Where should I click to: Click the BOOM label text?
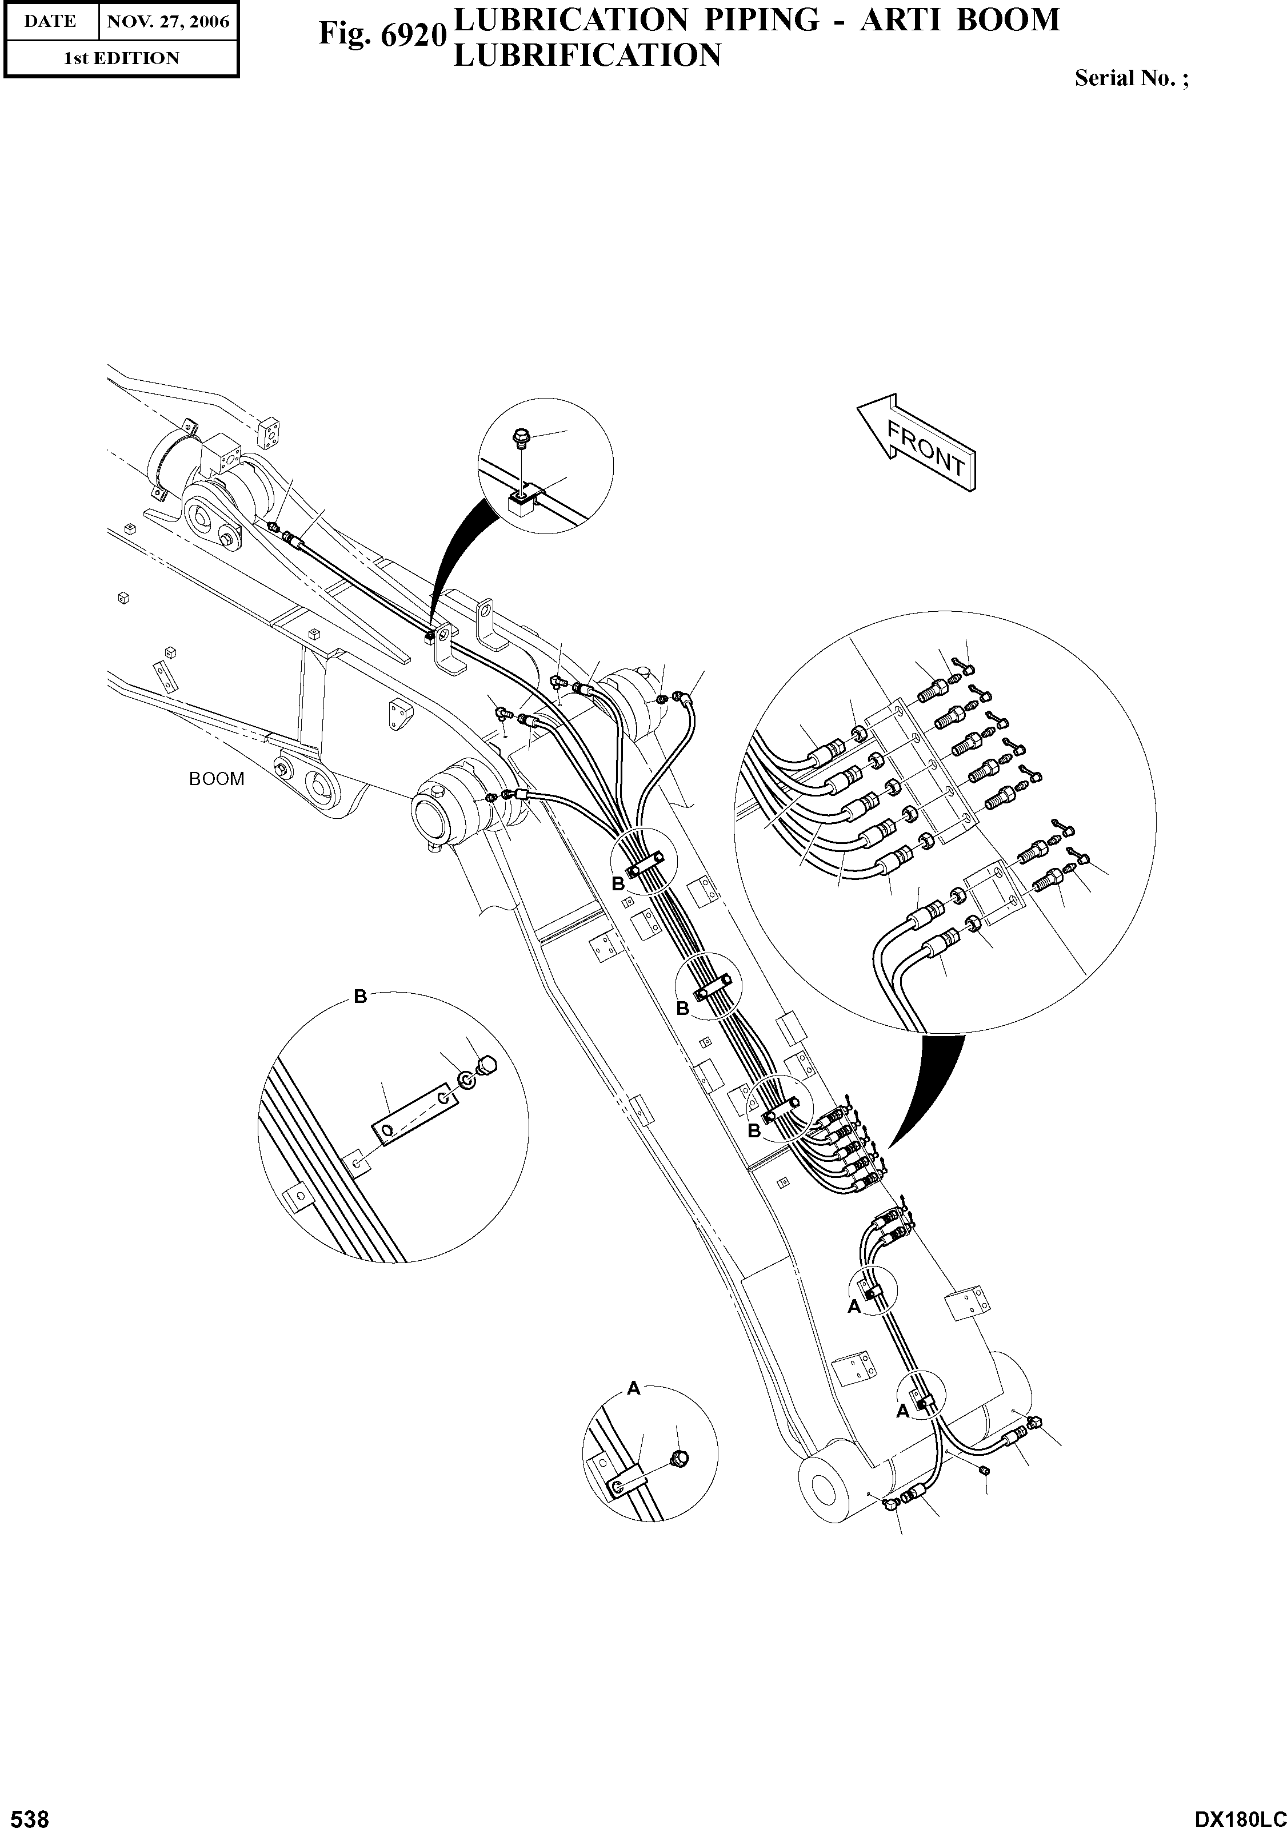click(217, 779)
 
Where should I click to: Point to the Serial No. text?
click(1131, 78)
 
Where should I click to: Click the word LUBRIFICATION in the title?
click(586, 55)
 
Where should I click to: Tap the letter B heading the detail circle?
click(360, 997)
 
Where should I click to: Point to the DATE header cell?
click(50, 22)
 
